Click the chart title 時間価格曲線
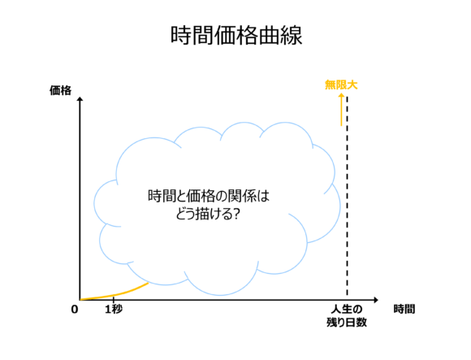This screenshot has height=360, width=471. tap(236, 36)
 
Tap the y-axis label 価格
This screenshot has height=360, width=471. tap(60, 90)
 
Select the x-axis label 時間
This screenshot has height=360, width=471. tap(404, 309)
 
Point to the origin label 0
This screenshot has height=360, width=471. tap(75, 310)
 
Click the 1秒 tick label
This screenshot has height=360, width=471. tap(114, 309)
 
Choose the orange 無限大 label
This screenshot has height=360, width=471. tap(341, 85)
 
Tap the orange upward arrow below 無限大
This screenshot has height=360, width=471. tap(341, 110)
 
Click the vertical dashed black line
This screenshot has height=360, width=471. tap(348, 196)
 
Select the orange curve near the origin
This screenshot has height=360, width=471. tap(115, 294)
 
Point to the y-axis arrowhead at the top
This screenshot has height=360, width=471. tap(80, 99)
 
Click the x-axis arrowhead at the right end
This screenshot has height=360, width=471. tap(376, 300)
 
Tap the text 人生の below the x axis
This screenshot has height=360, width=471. tap(347, 309)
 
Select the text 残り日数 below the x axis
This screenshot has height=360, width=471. tap(347, 322)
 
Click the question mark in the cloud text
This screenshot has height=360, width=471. tap(236, 214)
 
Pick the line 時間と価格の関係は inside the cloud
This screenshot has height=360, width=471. tap(209, 196)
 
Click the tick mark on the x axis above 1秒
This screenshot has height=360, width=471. tap(114, 300)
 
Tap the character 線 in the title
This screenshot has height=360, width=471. tap(292, 36)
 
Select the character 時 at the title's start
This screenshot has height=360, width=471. tap(181, 36)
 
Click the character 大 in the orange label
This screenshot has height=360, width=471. tap(352, 85)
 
